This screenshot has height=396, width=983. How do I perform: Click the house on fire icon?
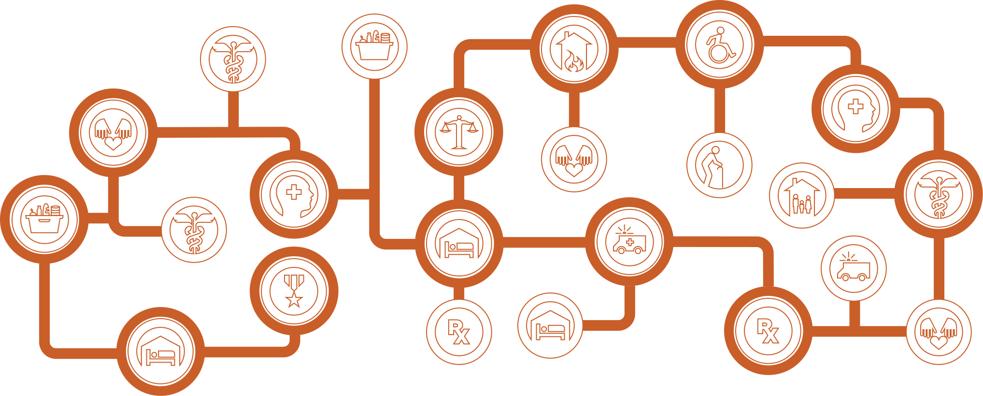[574, 49]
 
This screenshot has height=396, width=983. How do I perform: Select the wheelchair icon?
[719, 44]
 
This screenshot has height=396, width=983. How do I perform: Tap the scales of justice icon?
[458, 132]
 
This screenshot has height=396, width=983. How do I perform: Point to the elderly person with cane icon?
[719, 165]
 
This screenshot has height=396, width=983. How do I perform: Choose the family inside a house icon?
[801, 195]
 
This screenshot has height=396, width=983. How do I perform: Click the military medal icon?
[294, 291]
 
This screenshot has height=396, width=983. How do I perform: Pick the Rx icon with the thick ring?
[768, 331]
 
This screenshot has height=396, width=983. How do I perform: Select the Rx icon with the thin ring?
[458, 332]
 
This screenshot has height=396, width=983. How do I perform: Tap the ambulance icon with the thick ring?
[629, 241]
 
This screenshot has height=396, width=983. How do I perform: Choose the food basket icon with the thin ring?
[374, 46]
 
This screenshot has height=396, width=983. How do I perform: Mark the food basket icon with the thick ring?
[44, 219]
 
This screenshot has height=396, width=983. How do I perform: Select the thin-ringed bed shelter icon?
[550, 325]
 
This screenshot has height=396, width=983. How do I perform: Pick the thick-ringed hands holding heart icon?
[113, 132]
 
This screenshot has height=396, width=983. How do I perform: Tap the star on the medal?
[294, 300]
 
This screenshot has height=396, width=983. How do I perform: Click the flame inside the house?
[574, 61]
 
